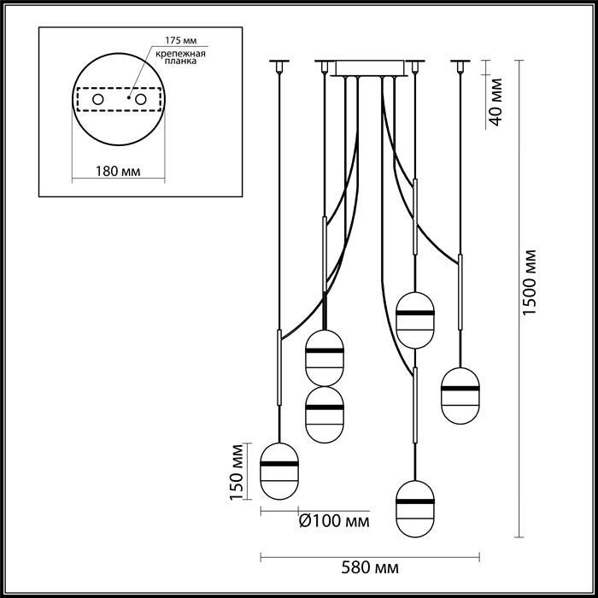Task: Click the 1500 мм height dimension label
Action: (530, 283)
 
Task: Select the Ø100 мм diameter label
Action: (334, 520)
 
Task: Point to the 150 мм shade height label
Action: (237, 472)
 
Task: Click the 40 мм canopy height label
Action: (495, 102)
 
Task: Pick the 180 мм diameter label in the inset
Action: (118, 171)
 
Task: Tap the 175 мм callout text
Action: (181, 40)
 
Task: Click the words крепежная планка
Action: (181, 57)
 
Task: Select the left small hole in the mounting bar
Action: (98, 100)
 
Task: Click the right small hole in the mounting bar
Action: (141, 100)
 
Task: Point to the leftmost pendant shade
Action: (279, 471)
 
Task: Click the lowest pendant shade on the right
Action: (415, 509)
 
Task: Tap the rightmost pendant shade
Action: (460, 396)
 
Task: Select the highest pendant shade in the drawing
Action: (415, 320)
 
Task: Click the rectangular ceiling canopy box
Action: (369, 67)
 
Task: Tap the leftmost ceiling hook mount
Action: (279, 65)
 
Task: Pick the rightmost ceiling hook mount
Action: (460, 65)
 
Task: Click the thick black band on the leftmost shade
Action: (279, 464)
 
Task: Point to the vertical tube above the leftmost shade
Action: (279, 367)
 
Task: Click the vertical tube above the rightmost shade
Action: (460, 292)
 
